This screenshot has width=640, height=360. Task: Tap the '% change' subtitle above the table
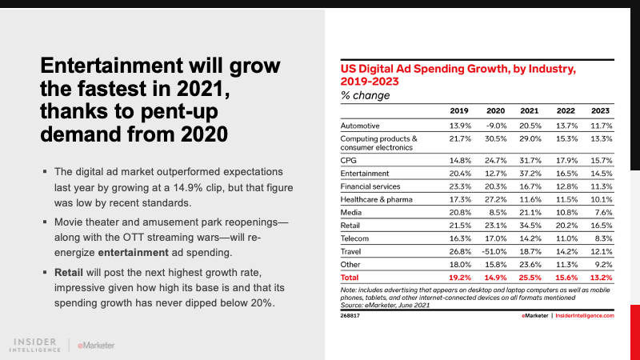pyautogui.click(x=366, y=95)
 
